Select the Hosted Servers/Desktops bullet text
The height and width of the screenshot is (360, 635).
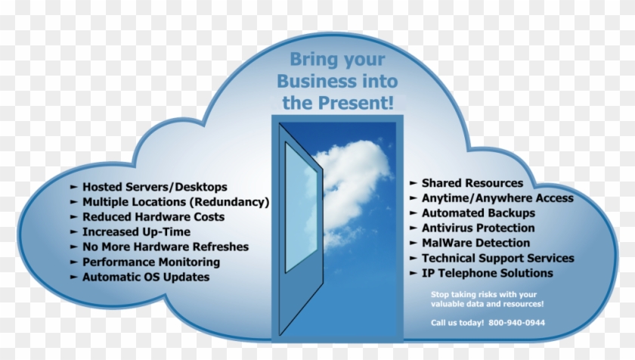pyautogui.click(x=155, y=187)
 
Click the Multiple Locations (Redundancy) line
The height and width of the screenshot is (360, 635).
pyautogui.click(x=176, y=202)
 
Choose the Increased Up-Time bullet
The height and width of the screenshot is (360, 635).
pyautogui.click(x=136, y=232)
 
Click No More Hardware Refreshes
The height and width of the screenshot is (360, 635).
pyautogui.click(x=166, y=247)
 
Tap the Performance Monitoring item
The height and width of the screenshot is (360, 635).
pyautogui.click(x=151, y=262)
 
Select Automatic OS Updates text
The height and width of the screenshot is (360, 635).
pyautogui.click(x=146, y=277)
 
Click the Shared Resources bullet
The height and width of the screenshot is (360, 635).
pyautogui.click(x=472, y=183)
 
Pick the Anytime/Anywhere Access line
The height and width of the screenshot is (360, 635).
pyautogui.click(x=497, y=198)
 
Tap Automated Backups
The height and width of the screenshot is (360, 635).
pyautogui.click(x=479, y=213)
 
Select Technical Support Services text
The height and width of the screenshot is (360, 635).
pyautogui.click(x=497, y=259)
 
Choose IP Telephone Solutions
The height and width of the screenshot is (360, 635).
pyautogui.click(x=487, y=273)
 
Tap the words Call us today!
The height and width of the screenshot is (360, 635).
pyautogui.click(x=456, y=323)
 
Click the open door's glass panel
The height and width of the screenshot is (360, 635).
pyautogui.click(x=300, y=208)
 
